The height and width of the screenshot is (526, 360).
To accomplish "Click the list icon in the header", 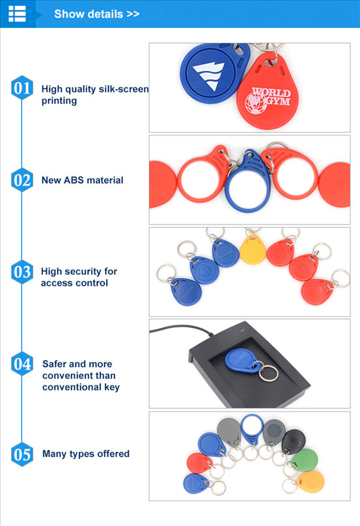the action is [17, 14].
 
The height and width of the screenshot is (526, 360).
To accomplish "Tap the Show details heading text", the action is [96, 14].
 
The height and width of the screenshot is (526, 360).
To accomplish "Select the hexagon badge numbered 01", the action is [22, 87].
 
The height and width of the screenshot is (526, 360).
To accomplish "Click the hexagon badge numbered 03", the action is [22, 271].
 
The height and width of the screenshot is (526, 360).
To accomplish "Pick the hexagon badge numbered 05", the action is [22, 454].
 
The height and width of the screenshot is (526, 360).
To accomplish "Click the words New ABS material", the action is [82, 180].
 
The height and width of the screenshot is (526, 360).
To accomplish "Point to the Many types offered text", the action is [86, 454].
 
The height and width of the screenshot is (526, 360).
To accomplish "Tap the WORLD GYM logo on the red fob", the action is [268, 100].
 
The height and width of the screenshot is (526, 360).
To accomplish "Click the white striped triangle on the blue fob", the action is [208, 76].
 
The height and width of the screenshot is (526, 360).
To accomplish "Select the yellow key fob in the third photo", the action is [253, 249].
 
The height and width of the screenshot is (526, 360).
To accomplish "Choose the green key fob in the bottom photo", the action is [304, 460].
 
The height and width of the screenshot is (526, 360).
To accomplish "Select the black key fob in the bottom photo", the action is [294, 441].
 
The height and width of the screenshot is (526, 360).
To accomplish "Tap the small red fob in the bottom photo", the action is [199, 464].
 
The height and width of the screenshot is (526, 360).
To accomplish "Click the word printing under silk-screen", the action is [59, 101].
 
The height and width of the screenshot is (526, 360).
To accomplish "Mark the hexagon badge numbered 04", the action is [22, 364].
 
